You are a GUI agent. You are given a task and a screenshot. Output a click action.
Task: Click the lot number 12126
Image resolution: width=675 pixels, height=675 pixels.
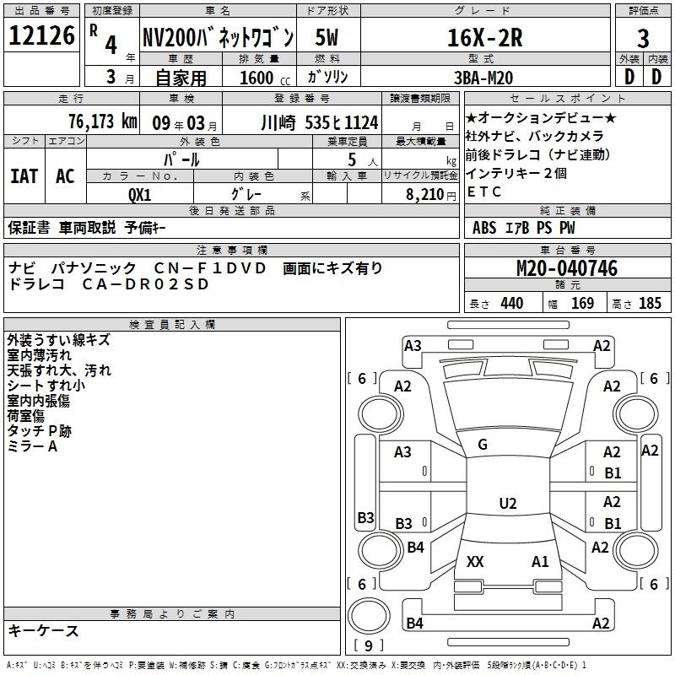click(41, 35)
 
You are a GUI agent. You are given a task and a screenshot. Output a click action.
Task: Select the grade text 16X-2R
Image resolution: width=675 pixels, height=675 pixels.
click(484, 37)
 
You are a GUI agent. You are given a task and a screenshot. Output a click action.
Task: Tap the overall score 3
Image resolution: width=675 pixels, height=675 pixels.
click(643, 39)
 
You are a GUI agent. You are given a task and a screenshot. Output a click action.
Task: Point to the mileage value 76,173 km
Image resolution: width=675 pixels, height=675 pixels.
click(103, 121)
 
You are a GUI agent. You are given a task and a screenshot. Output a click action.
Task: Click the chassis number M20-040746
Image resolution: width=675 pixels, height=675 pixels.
click(567, 268)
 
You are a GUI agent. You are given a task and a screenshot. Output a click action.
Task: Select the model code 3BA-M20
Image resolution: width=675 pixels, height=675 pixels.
click(483, 78)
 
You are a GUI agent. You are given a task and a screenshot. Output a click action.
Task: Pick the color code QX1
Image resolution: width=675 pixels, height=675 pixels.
click(139, 195)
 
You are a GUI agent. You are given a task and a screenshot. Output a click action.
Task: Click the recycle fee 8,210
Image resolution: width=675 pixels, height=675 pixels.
click(425, 195)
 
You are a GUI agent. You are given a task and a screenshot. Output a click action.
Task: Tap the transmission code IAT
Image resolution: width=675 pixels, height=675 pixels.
click(24, 176)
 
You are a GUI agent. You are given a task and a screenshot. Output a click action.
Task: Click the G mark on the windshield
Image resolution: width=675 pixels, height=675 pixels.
click(483, 445)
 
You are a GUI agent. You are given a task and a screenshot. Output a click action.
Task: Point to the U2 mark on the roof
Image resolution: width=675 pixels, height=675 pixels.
click(508, 503)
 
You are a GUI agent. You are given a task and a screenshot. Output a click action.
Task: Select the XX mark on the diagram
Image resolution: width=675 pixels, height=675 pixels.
click(475, 561)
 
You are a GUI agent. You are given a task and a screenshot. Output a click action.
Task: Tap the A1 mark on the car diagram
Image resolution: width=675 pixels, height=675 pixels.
click(540, 561)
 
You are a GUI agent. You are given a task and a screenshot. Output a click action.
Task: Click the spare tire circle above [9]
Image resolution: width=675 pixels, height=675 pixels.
click(369, 616)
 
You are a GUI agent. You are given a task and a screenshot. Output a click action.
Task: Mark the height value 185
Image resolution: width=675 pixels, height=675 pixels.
click(650, 304)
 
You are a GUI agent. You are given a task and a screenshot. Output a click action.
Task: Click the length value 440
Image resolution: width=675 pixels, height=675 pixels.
click(512, 304)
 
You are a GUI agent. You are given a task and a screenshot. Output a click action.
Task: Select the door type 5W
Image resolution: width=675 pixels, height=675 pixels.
click(327, 37)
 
